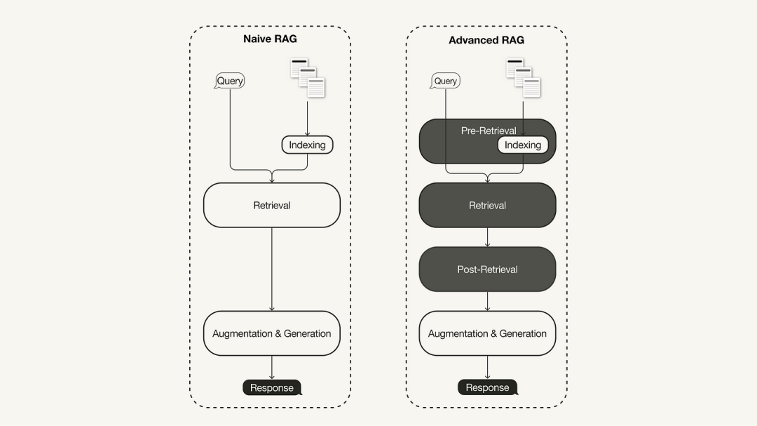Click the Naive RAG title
270,39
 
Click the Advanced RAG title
486,40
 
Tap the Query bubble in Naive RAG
230,81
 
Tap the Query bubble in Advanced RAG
445,81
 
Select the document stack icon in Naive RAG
308,78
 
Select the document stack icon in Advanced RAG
524,78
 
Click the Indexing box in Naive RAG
307,145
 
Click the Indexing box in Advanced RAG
523,145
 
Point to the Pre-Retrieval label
489,131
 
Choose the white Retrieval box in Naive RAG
272,205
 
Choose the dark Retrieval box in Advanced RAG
487,205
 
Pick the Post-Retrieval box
487,269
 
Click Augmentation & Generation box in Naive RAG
272,333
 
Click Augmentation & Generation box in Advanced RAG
487,333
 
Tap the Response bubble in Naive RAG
272,387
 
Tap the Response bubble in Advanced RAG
487,387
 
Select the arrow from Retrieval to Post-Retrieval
487,237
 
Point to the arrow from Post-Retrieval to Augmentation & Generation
487,301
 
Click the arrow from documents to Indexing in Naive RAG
307,117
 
